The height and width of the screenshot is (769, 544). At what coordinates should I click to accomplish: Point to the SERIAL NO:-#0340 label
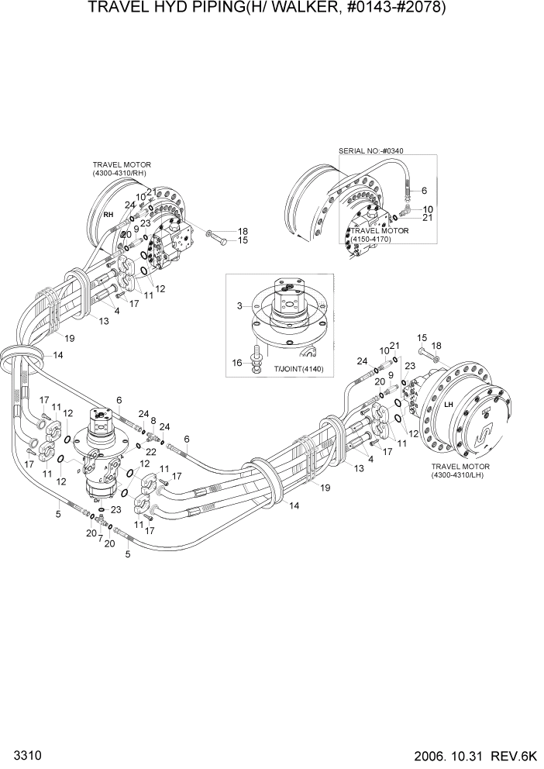371,150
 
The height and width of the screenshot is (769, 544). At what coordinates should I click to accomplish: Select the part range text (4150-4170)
371,240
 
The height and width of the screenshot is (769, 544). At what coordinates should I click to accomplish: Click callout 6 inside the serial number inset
424,190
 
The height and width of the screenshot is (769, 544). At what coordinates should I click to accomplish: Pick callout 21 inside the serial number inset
427,219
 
